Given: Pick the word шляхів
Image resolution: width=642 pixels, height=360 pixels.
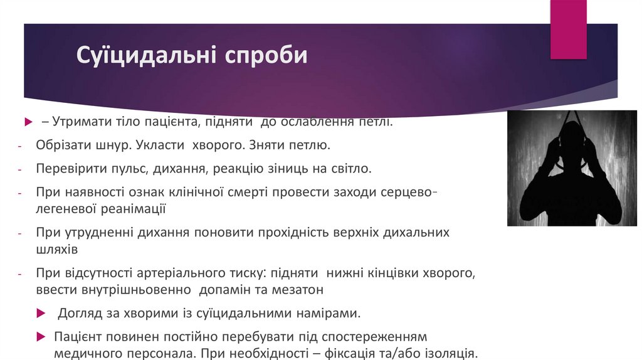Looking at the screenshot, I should click(57, 249).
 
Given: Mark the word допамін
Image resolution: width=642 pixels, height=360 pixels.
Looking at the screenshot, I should click(226, 290).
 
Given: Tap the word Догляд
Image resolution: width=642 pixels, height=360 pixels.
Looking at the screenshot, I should click(79, 313).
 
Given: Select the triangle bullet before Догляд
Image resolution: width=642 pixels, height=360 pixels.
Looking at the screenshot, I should click(41, 313).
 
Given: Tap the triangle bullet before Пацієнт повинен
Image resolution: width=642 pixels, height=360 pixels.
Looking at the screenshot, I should click(41, 336).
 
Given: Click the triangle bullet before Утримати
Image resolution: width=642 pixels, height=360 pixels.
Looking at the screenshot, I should click(28, 121).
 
